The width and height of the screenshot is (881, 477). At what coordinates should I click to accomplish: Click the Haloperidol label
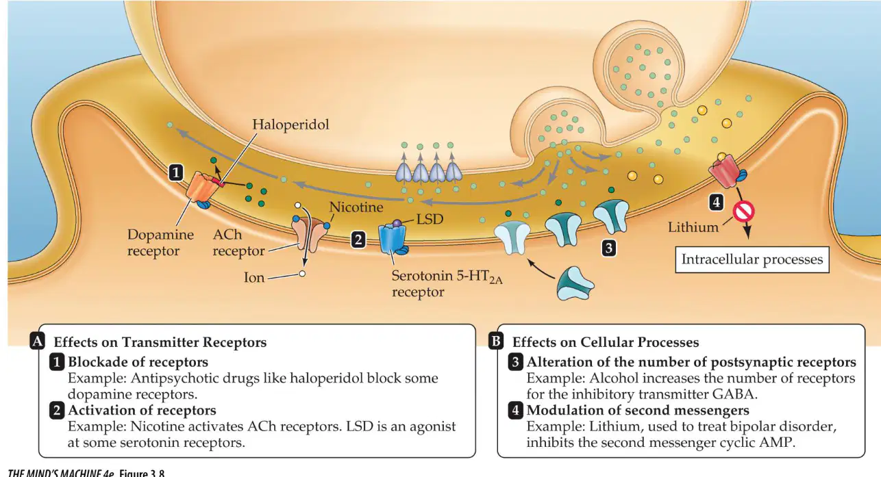point(290,125)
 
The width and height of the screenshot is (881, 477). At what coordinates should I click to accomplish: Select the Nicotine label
point(356,207)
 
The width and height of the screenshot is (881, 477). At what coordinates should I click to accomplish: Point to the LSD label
point(430,219)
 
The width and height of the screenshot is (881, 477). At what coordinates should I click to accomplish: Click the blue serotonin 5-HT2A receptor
point(392,239)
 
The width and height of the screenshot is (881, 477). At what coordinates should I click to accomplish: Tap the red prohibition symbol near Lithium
point(743,211)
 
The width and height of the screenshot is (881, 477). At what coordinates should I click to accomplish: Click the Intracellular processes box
point(752,260)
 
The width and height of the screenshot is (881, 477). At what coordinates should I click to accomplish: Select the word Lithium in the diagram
point(693,227)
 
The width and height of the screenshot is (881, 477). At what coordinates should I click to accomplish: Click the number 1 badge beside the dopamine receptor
point(176,172)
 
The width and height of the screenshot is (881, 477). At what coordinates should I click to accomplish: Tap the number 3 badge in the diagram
point(609,248)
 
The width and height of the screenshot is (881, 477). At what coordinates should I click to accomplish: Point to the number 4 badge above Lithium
point(716,203)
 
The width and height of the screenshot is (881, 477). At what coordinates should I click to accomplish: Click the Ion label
point(254,278)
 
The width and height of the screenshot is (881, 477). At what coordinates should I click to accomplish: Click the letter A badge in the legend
point(38,341)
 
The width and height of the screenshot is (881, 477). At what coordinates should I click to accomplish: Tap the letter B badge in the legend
point(496,341)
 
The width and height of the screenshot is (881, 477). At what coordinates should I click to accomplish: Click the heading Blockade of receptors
point(138,362)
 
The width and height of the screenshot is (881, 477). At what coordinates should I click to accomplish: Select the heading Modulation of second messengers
point(638,410)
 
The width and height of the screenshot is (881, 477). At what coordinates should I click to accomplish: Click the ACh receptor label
point(238,242)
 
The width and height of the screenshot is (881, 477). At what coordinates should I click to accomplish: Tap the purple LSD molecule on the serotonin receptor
point(397,223)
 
